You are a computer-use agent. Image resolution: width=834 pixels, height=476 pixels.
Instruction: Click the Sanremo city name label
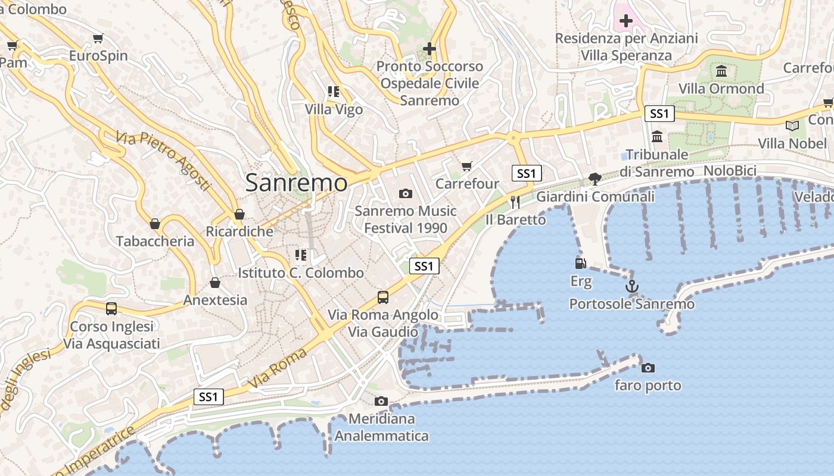click(296, 183)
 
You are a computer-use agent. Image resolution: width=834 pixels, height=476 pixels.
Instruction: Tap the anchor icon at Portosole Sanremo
click(631, 286)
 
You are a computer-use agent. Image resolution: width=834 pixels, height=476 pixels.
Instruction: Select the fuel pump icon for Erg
click(580, 263)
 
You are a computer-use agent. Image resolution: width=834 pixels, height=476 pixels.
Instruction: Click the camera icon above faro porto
click(648, 368)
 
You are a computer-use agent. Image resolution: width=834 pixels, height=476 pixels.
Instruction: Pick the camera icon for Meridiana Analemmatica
click(381, 401)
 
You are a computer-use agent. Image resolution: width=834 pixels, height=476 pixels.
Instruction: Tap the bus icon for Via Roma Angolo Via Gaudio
click(383, 297)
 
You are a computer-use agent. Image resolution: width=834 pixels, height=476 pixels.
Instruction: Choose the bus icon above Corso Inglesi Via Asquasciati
click(111, 309)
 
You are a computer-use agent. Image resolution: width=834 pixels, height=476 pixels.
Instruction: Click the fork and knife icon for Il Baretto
click(515, 202)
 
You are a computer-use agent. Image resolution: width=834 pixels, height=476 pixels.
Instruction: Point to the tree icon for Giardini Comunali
click(595, 178)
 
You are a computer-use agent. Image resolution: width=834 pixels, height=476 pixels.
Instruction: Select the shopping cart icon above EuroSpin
click(98, 39)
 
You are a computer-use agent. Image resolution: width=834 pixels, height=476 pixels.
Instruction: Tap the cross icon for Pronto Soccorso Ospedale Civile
click(430, 49)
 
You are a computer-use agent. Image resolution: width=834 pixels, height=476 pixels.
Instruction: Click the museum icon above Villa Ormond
click(721, 71)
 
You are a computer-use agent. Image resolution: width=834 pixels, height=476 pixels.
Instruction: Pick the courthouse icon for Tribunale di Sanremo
click(657, 137)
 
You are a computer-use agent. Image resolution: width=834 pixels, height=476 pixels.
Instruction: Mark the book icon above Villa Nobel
click(792, 126)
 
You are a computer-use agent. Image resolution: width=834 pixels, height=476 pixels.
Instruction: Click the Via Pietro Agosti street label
click(164, 161)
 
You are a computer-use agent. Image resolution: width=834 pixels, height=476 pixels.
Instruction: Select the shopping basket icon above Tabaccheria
click(155, 224)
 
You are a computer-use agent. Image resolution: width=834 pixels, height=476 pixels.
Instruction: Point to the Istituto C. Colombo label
click(301, 273)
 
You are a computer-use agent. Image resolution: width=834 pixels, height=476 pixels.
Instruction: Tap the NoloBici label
click(730, 171)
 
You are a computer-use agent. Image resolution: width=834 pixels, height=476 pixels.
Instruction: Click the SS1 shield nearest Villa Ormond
click(659, 114)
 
